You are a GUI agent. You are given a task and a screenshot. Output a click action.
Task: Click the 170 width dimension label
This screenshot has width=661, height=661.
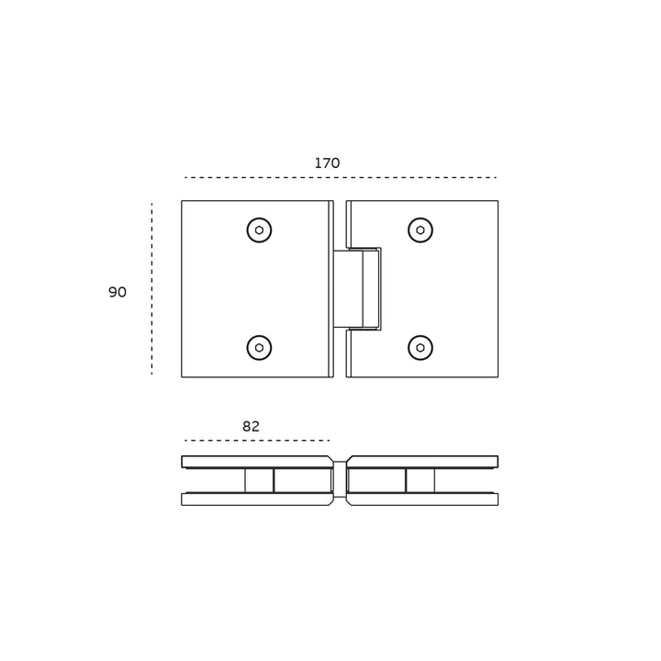tap(327, 163)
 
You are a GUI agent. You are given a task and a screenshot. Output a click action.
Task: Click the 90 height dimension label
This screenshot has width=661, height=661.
tap(118, 293)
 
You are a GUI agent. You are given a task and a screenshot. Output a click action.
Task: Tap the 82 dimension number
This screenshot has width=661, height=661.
tap(251, 427)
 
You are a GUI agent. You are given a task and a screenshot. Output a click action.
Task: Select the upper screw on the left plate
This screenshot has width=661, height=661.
tap(259, 230)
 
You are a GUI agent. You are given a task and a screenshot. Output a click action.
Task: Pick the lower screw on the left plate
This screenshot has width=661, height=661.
tap(259, 348)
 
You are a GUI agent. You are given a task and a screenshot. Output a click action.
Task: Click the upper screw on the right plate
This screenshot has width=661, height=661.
tap(420, 230)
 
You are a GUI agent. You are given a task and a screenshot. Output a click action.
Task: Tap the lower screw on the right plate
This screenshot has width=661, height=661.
tap(420, 348)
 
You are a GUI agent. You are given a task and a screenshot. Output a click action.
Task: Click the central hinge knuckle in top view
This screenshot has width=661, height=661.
tap(356, 288)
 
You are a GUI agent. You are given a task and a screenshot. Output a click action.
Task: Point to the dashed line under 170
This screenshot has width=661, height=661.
tap(340, 177)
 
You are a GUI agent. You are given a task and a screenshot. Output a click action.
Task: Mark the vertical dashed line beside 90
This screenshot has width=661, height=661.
tap(151, 289)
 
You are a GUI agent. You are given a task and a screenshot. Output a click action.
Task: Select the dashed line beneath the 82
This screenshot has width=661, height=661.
tap(257, 441)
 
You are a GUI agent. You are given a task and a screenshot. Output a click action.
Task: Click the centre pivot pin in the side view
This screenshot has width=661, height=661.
tap(340, 479)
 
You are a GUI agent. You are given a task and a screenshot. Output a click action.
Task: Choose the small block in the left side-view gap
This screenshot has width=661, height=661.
tap(259, 480)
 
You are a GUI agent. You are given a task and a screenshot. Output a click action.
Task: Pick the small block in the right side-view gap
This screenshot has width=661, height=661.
tap(420, 480)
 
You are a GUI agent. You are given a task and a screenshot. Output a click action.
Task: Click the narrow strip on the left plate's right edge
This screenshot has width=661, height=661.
tap(331, 289)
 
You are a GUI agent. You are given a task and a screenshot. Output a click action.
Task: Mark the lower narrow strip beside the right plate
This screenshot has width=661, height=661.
tap(349, 353)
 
